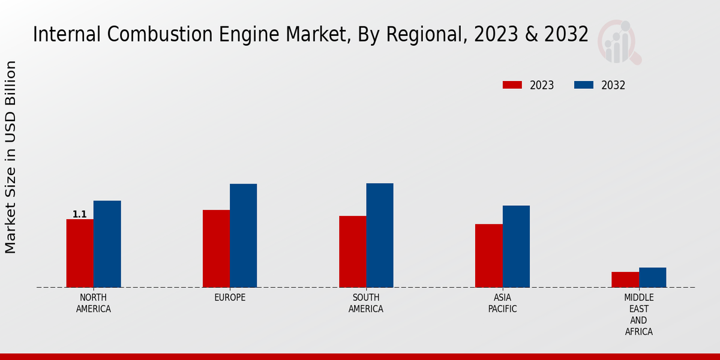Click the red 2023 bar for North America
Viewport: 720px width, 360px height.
(80, 253)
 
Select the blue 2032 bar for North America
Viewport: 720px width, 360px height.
(107, 244)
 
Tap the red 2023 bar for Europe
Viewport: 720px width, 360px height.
(216, 248)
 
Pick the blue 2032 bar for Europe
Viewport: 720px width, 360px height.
(243, 235)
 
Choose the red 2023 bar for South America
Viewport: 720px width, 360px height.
(352, 251)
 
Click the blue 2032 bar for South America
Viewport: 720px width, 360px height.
(380, 235)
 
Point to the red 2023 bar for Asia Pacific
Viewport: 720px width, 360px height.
(488, 256)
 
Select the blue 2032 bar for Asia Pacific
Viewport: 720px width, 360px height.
(516, 246)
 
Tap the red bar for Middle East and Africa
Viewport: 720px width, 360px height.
(625, 280)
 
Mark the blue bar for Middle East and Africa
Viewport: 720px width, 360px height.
(652, 277)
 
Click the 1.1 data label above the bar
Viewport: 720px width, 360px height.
(80, 214)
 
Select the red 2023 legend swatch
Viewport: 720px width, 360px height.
(512, 85)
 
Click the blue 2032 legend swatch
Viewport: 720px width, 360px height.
(584, 85)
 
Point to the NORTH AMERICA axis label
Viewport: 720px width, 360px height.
(94, 303)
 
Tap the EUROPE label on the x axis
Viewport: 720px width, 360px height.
(230, 298)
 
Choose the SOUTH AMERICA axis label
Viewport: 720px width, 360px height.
(366, 303)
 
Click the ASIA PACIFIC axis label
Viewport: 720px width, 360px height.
(502, 303)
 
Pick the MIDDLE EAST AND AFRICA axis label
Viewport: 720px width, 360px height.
(638, 314)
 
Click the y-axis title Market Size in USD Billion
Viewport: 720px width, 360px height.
(11, 157)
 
